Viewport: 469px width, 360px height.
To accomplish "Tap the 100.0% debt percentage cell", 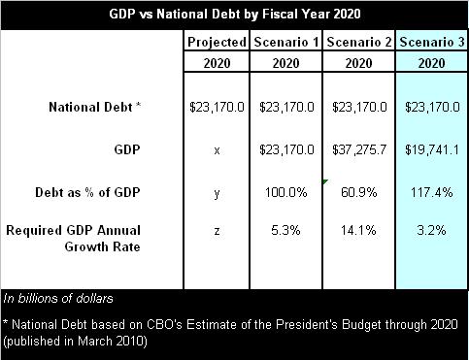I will point(287,192).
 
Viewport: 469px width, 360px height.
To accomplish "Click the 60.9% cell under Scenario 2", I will point(359,192).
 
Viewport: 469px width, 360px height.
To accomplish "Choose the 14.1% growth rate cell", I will point(359,231).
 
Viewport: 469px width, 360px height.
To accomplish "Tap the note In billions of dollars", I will point(58,298).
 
